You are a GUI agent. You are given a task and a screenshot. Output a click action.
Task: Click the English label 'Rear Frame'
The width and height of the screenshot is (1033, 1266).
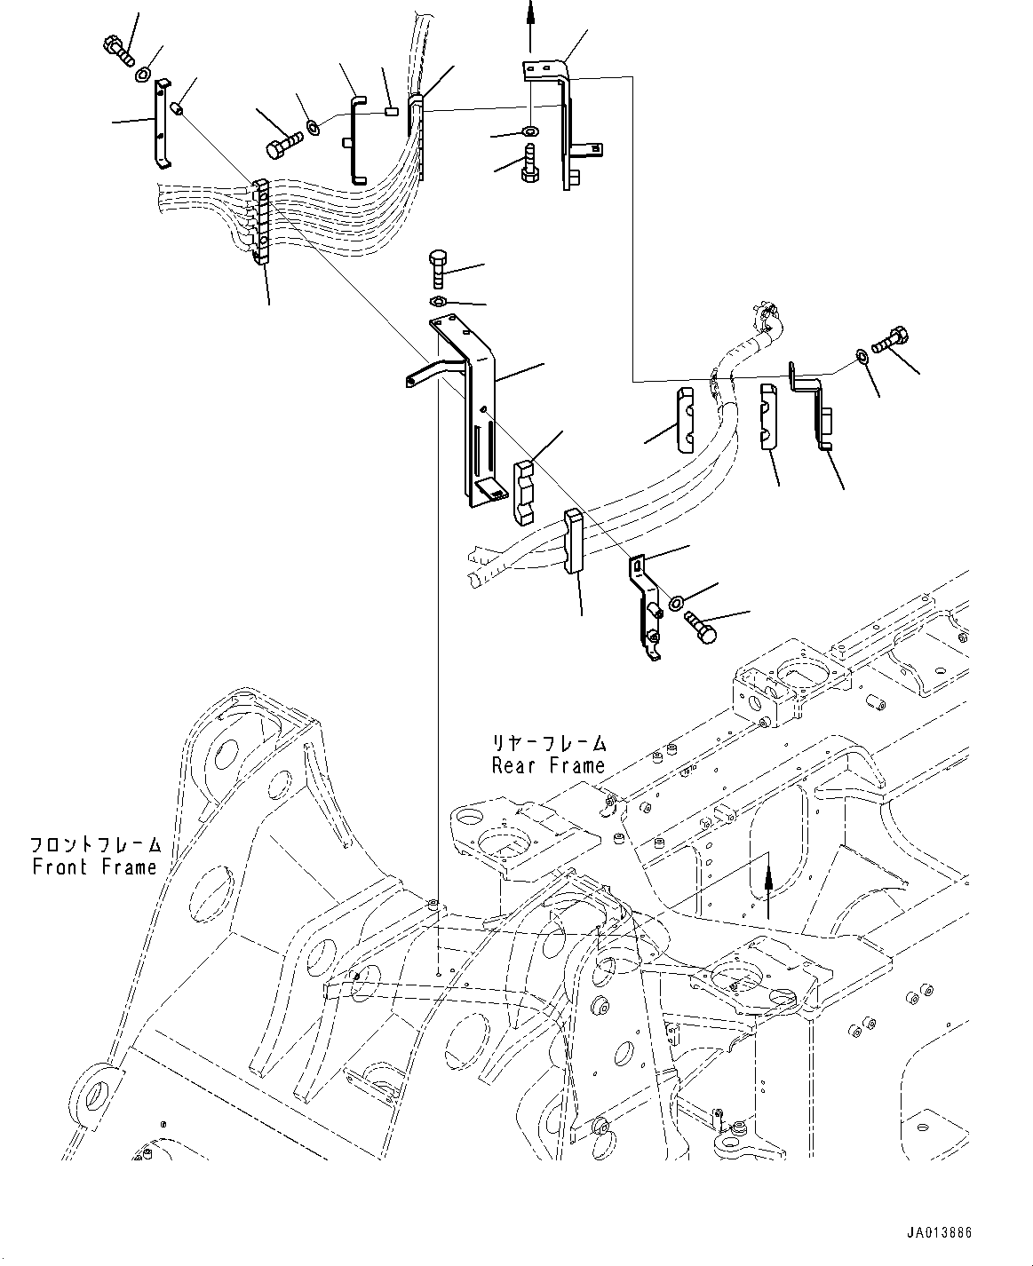pos(548,764)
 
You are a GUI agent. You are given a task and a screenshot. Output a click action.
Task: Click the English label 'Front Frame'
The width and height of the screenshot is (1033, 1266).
pos(94,867)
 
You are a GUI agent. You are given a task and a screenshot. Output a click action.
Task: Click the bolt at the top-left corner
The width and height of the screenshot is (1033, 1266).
pos(118,48)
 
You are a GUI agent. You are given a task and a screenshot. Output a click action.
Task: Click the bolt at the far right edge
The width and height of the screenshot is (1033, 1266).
pos(889,339)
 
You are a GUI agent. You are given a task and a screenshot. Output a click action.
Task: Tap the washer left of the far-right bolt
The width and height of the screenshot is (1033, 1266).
pos(861,357)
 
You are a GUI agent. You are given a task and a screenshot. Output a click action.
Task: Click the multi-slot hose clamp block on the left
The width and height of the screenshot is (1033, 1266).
pos(260,222)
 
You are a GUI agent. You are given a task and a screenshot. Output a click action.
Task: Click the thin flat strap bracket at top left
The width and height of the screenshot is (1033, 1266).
pos(161,123)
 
